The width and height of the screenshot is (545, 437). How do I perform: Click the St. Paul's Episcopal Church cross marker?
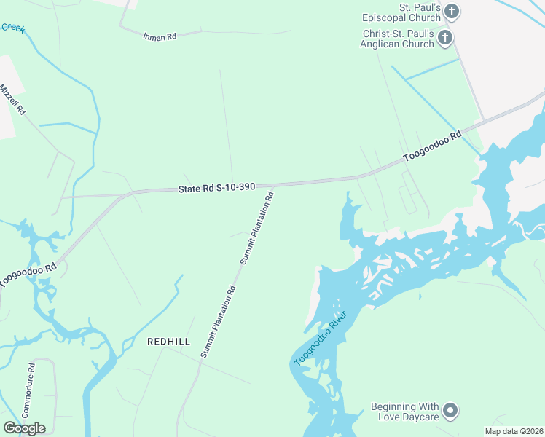[x=452, y=12]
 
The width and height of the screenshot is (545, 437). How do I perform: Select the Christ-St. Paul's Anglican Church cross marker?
[x=444, y=38]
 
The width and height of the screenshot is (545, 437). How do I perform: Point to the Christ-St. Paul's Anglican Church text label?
[x=399, y=39]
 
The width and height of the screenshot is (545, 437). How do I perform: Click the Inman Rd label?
[x=160, y=35]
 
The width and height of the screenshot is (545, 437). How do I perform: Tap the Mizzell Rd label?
[x=13, y=100]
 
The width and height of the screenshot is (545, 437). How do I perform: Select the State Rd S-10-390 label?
[x=216, y=187]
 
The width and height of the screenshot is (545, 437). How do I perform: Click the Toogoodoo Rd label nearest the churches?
[x=434, y=146]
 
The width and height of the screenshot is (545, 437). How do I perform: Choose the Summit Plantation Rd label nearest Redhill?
[x=219, y=320]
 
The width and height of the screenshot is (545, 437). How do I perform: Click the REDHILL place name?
[x=168, y=342]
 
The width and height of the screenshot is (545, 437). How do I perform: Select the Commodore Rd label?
[x=28, y=390]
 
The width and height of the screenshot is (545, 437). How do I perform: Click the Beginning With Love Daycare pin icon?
[x=450, y=411]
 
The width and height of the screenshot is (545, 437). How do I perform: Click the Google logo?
[x=24, y=428]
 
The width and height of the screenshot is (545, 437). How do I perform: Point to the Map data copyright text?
[x=514, y=431]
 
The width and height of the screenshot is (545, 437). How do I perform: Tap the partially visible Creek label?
[x=12, y=28]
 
